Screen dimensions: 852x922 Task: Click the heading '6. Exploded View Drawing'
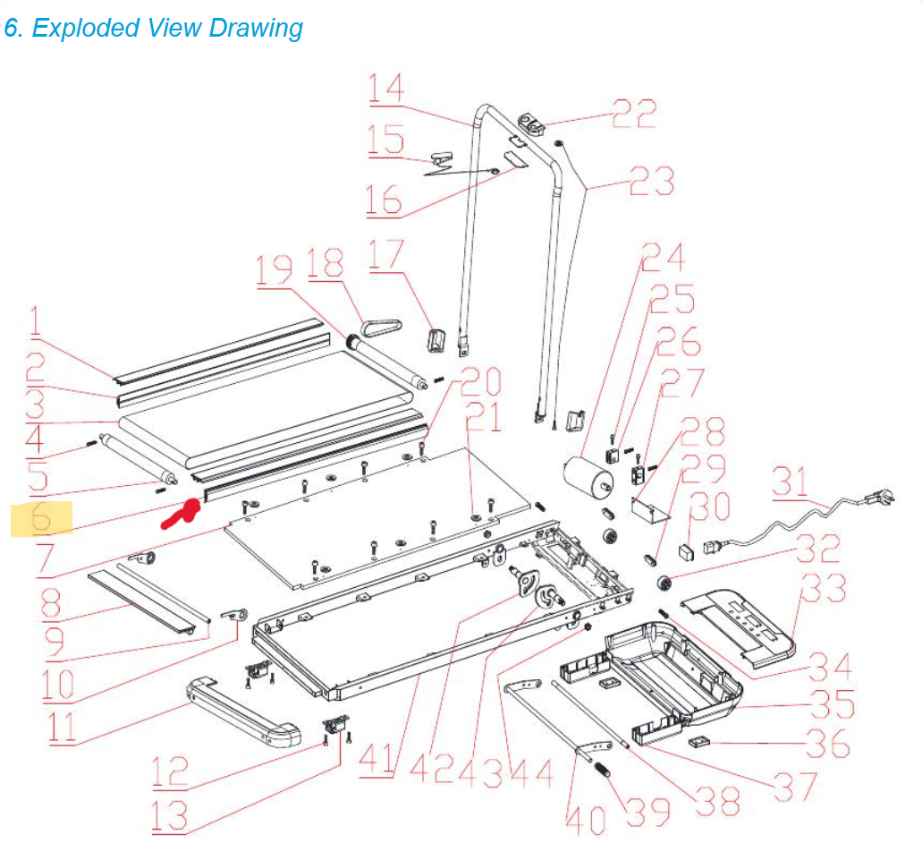coord(153,28)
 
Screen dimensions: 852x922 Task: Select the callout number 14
coord(386,89)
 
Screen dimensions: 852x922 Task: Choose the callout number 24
coord(663,258)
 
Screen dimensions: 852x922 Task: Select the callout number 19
coord(275,271)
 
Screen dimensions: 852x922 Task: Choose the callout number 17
coord(386,255)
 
